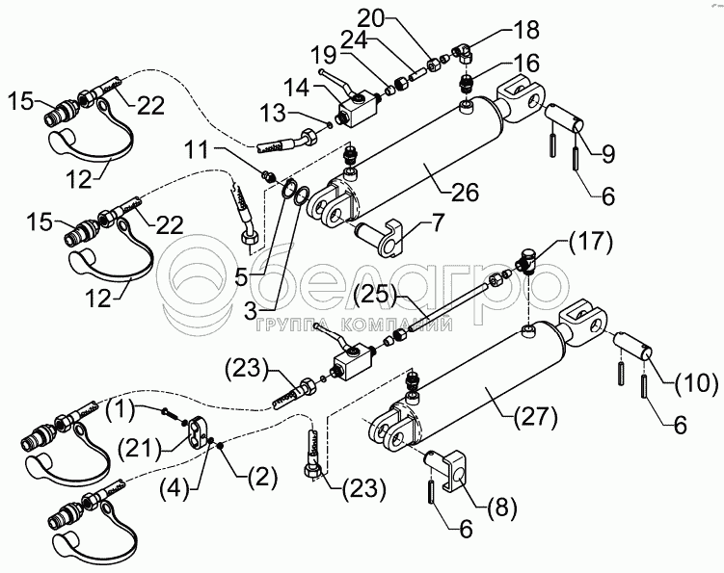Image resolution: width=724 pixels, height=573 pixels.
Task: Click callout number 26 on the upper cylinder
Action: coord(465,192)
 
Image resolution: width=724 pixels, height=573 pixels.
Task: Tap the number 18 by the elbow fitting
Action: coord(525,30)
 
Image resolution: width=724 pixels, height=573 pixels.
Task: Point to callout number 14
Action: coord(297,88)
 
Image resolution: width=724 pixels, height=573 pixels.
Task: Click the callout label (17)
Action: coord(591,242)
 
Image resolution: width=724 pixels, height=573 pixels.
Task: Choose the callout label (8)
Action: coord(501,507)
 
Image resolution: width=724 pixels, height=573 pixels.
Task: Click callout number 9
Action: coord(608,154)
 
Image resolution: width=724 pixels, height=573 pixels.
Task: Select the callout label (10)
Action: coord(696,384)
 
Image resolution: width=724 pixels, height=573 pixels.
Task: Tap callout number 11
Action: coord(197,151)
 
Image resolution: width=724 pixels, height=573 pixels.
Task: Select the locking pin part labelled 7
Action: coord(379,237)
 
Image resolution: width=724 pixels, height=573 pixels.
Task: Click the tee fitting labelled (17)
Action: coord(527,261)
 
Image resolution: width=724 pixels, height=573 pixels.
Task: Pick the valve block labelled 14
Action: coord(354,110)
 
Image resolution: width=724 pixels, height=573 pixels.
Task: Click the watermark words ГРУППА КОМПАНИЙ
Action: coord(353,326)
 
